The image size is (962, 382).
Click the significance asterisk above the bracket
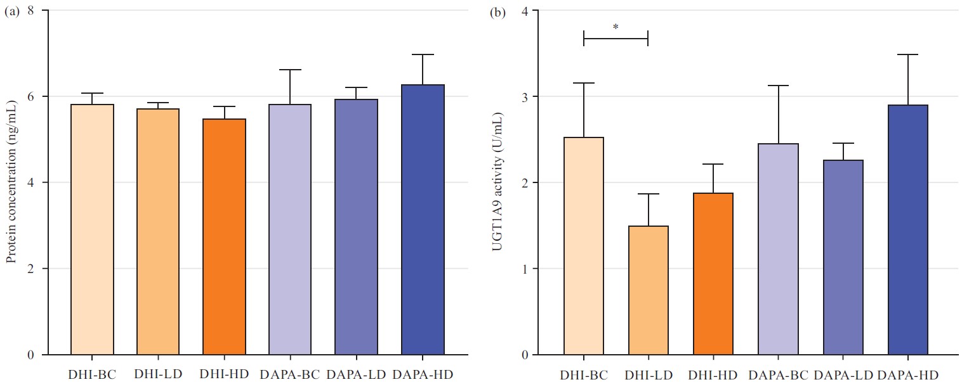coord(616,27)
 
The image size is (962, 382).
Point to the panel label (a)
coord(12,12)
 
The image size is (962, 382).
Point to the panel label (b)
coord(497,12)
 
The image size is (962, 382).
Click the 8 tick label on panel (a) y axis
coord(30,11)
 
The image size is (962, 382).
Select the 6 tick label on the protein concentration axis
coord(30,97)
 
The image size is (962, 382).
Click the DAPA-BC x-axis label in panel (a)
coord(290,374)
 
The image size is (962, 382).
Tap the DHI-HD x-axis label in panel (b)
coord(713,374)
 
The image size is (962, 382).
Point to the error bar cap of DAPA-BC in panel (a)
coord(290,70)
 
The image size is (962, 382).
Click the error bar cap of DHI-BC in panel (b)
coord(584,83)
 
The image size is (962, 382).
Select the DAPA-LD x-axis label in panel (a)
coord(356,374)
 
